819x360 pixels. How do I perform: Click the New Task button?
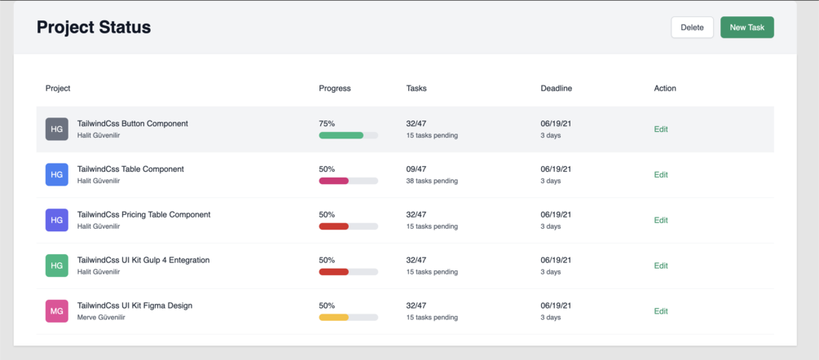coord(746,28)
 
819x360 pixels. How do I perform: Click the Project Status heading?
coord(94,27)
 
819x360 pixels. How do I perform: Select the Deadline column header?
coord(556,88)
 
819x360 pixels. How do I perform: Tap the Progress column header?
coord(335,88)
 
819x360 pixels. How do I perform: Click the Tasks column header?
coord(416,88)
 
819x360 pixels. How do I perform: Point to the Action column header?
coord(665,88)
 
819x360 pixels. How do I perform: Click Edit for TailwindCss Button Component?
coord(661,129)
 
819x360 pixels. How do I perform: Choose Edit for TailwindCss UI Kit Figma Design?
coord(661,311)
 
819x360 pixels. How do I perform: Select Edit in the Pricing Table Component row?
coord(661,220)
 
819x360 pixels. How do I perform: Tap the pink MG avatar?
coord(57,311)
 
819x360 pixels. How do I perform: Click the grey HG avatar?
coord(57,129)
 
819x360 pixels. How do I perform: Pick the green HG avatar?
coord(57,266)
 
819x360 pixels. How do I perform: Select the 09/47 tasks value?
coord(416,169)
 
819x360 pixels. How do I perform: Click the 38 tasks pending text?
coord(432,181)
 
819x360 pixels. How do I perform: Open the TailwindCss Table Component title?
coord(130,169)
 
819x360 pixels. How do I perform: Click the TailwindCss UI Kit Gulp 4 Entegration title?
coord(143,260)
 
